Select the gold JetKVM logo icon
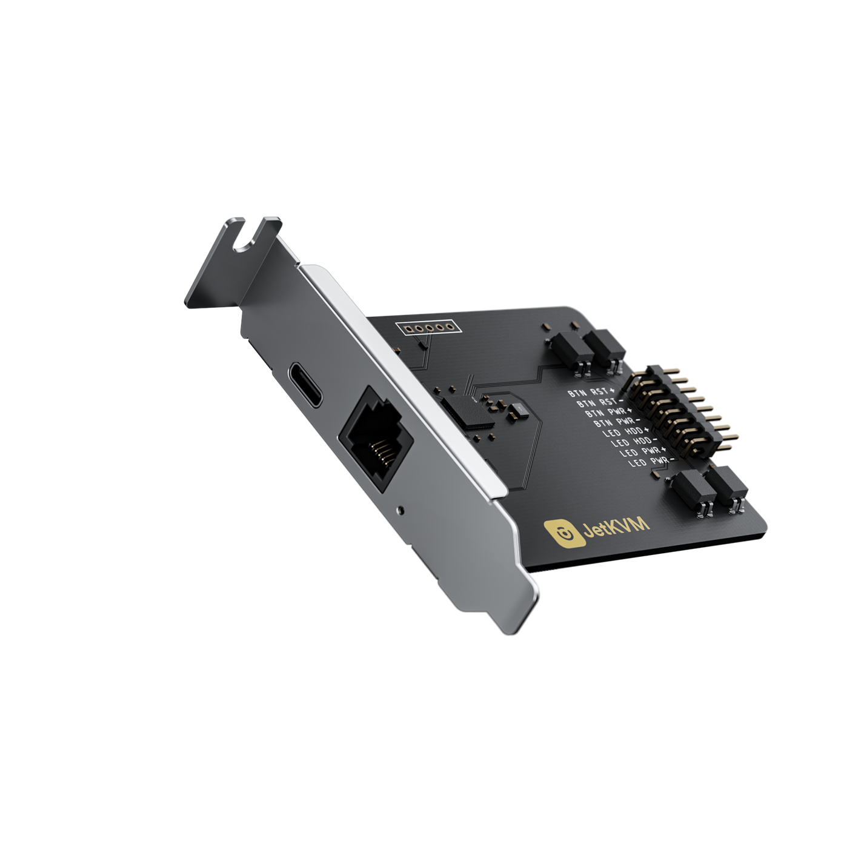[562, 533]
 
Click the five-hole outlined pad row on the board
[428, 329]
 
